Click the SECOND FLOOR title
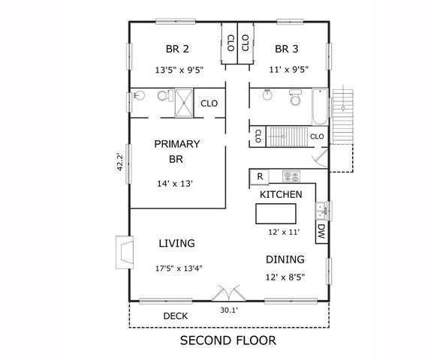click(228, 340)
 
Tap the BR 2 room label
click(177, 50)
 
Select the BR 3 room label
click(287, 50)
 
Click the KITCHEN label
click(281, 195)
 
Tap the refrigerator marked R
click(259, 177)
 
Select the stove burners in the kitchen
click(291, 177)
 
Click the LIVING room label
click(177, 244)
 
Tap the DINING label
click(285, 260)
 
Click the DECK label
click(176, 316)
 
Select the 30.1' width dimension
click(230, 309)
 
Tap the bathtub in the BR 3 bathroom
click(318, 106)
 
